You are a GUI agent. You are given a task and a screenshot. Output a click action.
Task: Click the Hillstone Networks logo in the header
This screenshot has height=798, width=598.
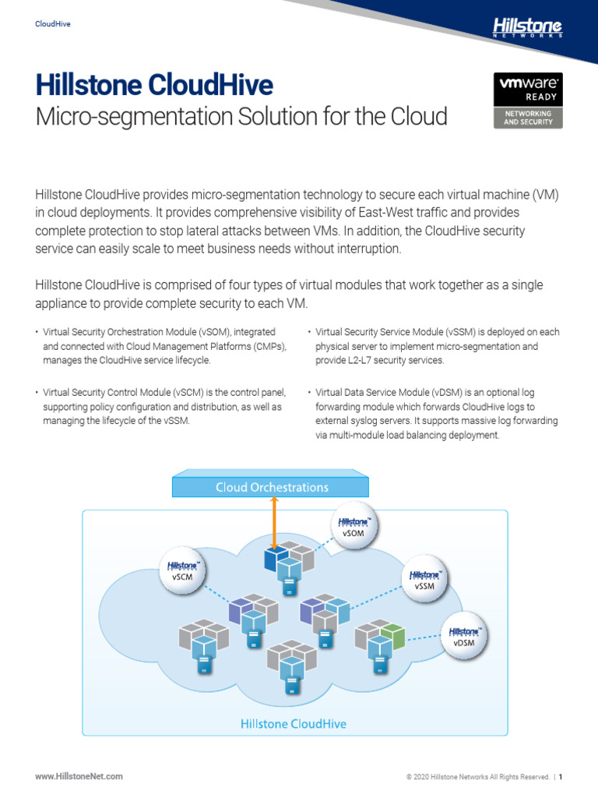[x=527, y=29]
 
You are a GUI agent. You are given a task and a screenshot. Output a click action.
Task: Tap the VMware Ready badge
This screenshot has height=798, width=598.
[x=528, y=101]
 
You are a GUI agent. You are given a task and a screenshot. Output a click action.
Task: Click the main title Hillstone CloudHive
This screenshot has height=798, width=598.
[x=154, y=85]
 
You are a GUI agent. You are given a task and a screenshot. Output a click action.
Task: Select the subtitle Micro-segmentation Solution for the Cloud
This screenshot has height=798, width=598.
[x=241, y=117]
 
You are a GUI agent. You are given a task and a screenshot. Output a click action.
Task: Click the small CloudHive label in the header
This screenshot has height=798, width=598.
[x=53, y=24]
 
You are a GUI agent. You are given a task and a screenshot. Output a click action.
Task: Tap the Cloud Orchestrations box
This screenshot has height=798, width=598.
[x=271, y=488]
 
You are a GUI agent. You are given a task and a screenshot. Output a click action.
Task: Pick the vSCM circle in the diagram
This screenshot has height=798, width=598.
[x=181, y=572]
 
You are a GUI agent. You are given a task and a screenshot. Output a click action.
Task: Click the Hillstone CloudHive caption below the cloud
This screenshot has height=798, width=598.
[x=293, y=724]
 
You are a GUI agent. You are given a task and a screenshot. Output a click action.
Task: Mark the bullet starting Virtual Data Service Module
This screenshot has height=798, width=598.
[x=436, y=414]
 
